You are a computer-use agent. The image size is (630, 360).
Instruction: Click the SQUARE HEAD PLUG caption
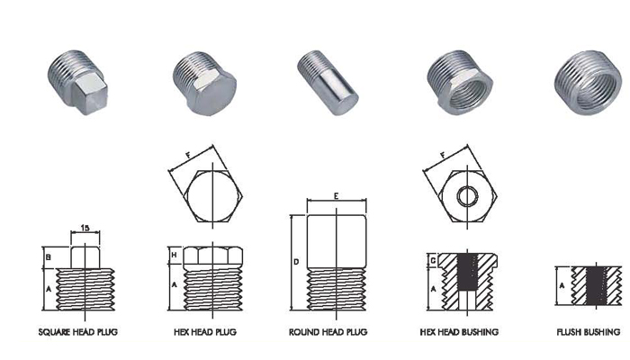(78, 332)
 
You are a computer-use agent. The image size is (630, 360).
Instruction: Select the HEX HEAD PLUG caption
(205, 332)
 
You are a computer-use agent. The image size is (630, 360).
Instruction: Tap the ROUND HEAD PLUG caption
(328, 332)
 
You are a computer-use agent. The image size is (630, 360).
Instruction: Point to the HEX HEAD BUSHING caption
(459, 332)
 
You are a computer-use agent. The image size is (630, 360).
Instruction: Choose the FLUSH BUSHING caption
(589, 332)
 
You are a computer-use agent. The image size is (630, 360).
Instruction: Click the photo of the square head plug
(78, 83)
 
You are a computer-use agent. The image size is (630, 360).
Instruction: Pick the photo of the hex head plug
(204, 83)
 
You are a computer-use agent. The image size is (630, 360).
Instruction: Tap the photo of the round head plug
(328, 83)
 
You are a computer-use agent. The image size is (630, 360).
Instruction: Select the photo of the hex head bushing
(460, 83)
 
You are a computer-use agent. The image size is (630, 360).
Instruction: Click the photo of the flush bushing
(588, 83)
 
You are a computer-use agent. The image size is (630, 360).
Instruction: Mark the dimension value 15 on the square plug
(85, 228)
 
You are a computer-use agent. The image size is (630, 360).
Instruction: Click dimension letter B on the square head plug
(49, 257)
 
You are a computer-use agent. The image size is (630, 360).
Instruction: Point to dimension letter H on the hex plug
(174, 255)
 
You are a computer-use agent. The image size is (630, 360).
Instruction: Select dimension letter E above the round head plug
(337, 196)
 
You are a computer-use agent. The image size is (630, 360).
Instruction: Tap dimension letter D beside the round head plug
(296, 262)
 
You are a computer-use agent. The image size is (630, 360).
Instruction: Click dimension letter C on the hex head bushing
(433, 261)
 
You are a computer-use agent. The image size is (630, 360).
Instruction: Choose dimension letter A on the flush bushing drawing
(562, 285)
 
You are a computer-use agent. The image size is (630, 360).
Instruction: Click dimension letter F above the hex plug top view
(187, 155)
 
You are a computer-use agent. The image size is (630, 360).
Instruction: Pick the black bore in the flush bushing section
(596, 285)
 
